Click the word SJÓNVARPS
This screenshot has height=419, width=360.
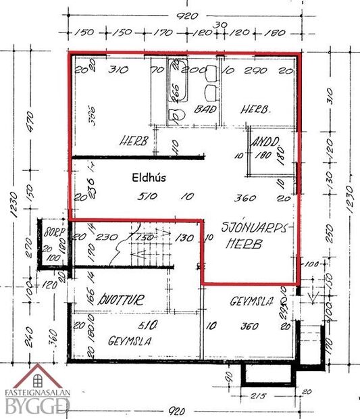(x=255, y=228)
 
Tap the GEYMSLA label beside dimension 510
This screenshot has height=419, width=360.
(x=129, y=341)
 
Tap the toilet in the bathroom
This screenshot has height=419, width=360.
(x=178, y=116)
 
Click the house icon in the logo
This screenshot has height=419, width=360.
(x=38, y=376)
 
